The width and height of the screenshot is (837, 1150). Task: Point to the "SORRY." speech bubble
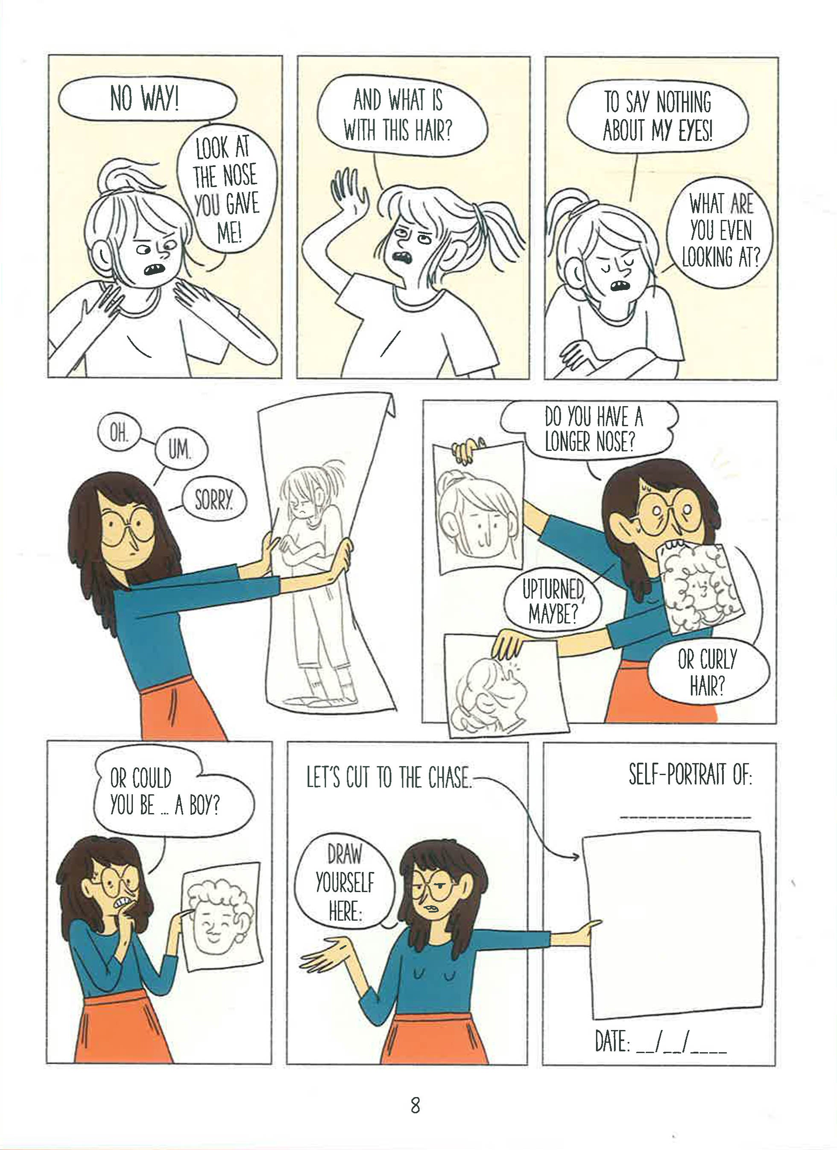click(x=214, y=502)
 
